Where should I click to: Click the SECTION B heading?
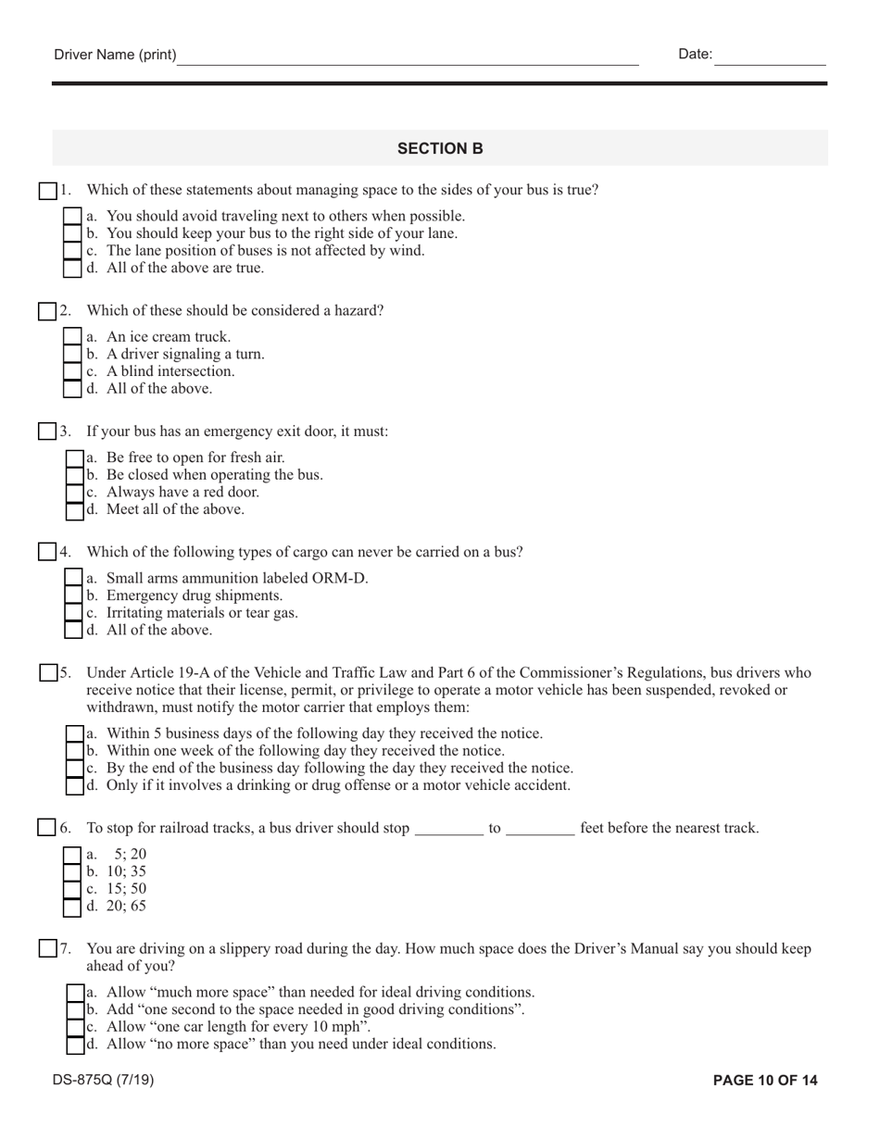tap(440, 148)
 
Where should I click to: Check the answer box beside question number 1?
tap(47, 191)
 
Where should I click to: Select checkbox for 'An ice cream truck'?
tap(72, 337)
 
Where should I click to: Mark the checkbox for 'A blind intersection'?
tap(72, 371)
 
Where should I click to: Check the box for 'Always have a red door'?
tap(75, 493)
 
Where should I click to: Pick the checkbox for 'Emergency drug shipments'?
tap(74, 595)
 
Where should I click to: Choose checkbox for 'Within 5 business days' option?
tap(75, 733)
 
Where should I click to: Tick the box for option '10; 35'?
tap(72, 871)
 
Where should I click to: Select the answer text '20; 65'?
tap(126, 907)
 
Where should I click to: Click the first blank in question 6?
tap(448, 829)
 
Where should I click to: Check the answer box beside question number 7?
tap(48, 949)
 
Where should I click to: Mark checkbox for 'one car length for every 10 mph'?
tap(75, 1027)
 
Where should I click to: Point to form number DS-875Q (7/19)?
tap(104, 1080)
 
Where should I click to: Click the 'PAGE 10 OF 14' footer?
tap(765, 1080)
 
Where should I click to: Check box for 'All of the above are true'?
tap(72, 269)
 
